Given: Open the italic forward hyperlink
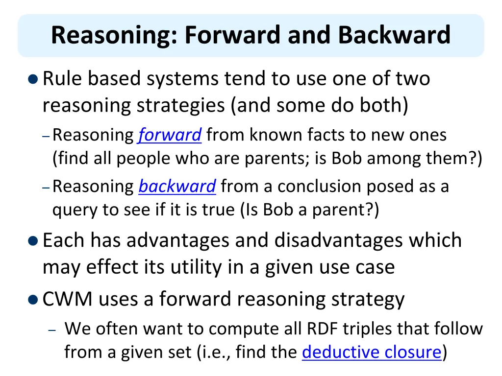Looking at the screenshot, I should pyautogui.click(x=170, y=135).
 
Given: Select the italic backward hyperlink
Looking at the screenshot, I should pyautogui.click(x=177, y=187).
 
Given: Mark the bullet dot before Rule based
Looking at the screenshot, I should pyautogui.click(x=33, y=79).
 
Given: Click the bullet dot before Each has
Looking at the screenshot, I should pyautogui.click(x=33, y=241).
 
